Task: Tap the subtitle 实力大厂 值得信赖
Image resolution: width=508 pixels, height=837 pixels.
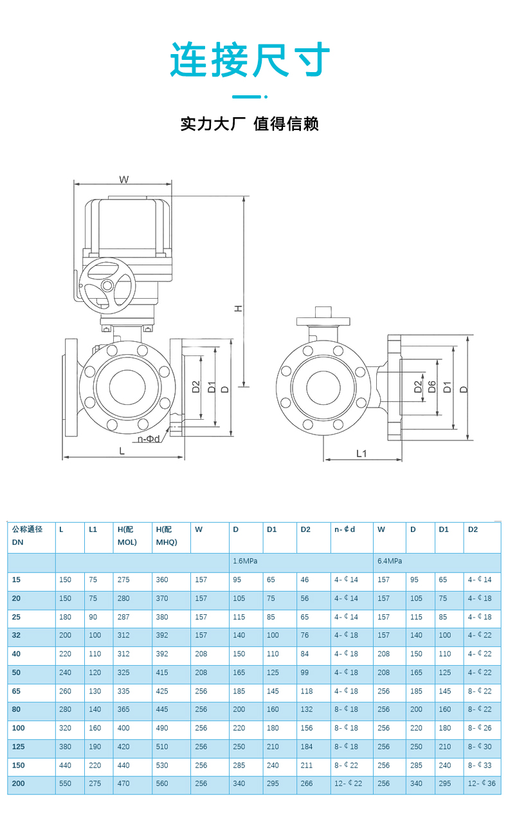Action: [x=249, y=124]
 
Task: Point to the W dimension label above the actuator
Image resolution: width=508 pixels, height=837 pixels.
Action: [x=124, y=180]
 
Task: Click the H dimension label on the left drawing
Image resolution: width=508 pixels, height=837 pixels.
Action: [x=238, y=309]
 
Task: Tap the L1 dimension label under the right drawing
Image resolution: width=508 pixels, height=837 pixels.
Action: [x=362, y=453]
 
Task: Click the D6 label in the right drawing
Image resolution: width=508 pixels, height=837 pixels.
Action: [x=432, y=387]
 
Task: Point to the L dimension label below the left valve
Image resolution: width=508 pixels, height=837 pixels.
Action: [x=122, y=451]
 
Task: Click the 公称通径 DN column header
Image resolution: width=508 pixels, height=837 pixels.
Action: [x=27, y=536]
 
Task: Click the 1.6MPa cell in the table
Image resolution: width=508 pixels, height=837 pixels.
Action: [x=245, y=561]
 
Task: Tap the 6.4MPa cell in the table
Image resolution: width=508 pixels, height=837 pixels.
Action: [x=390, y=561]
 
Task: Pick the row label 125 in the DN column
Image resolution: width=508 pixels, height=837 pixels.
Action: [x=19, y=747]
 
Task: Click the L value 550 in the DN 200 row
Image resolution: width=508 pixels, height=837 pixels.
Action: [x=66, y=784]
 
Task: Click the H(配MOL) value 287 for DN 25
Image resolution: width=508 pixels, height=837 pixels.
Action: [x=123, y=617]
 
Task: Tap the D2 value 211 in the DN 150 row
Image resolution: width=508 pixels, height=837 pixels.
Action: [x=307, y=766]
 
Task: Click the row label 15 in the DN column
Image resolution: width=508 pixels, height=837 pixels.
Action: [x=16, y=579]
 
